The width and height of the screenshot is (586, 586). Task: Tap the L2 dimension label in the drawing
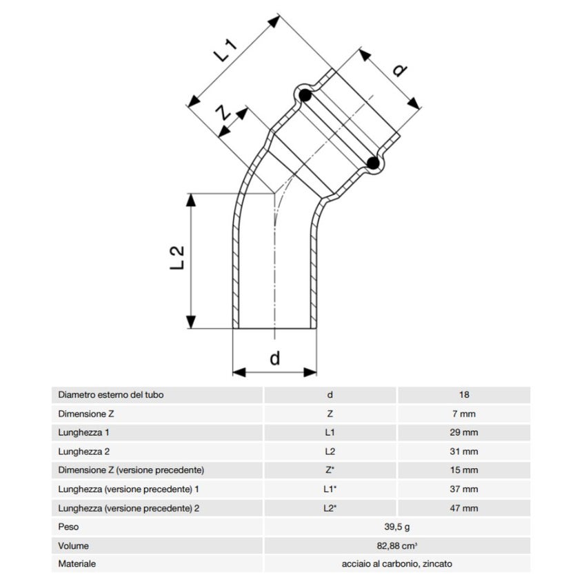coord(176,256)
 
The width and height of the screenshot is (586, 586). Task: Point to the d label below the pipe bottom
coord(274,358)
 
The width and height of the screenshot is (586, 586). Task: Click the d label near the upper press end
coord(400,70)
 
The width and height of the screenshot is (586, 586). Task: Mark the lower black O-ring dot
coord(373,163)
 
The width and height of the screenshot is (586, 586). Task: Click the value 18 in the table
coord(464,395)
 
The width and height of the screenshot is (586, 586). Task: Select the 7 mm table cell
coord(464,414)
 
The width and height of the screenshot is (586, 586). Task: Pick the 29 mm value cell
coord(464,433)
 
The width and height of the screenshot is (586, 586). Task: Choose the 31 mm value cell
coord(464,452)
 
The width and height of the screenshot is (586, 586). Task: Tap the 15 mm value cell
coord(464,470)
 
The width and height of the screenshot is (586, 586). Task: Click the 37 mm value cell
coord(464,489)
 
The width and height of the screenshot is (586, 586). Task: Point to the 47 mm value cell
coord(464,508)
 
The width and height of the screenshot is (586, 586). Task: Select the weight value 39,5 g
coord(397,527)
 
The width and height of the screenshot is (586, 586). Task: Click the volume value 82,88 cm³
coord(397,545)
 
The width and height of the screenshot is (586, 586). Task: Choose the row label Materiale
coord(77,564)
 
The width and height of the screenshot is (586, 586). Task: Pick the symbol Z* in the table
coord(330,470)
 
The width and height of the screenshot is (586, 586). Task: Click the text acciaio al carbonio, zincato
coord(397,564)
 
